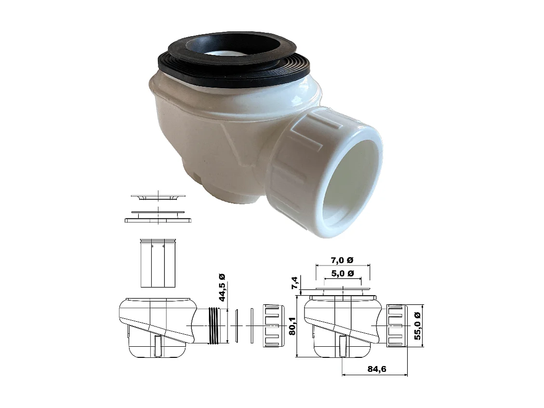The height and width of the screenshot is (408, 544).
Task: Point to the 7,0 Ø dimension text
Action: click(342, 260)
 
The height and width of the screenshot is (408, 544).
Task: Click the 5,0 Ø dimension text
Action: click(343, 273)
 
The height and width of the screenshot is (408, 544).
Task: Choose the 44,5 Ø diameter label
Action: click(222, 287)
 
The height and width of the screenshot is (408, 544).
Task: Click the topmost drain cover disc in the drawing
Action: click(158, 196)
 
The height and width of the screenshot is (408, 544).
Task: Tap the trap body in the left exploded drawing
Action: click(154, 328)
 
